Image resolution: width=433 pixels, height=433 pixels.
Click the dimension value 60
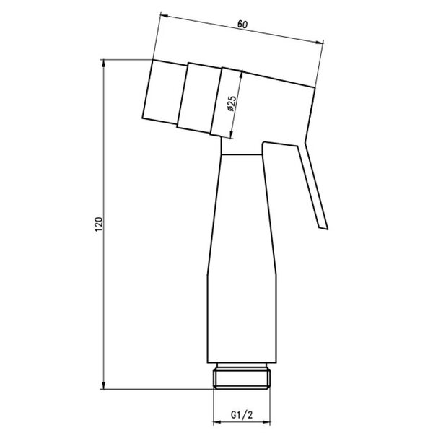[x=242, y=25]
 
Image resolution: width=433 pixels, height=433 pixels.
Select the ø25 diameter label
[x=232, y=103]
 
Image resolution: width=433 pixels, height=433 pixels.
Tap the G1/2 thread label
[x=242, y=415]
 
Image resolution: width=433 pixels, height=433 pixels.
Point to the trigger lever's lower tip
[x=323, y=228]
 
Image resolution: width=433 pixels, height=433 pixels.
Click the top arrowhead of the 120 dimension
[x=103, y=64]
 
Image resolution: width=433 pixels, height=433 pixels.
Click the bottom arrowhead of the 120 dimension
[x=103, y=385]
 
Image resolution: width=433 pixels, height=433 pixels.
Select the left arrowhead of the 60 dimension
[x=165, y=16]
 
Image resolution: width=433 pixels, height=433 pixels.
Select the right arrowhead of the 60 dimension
[x=320, y=43]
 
